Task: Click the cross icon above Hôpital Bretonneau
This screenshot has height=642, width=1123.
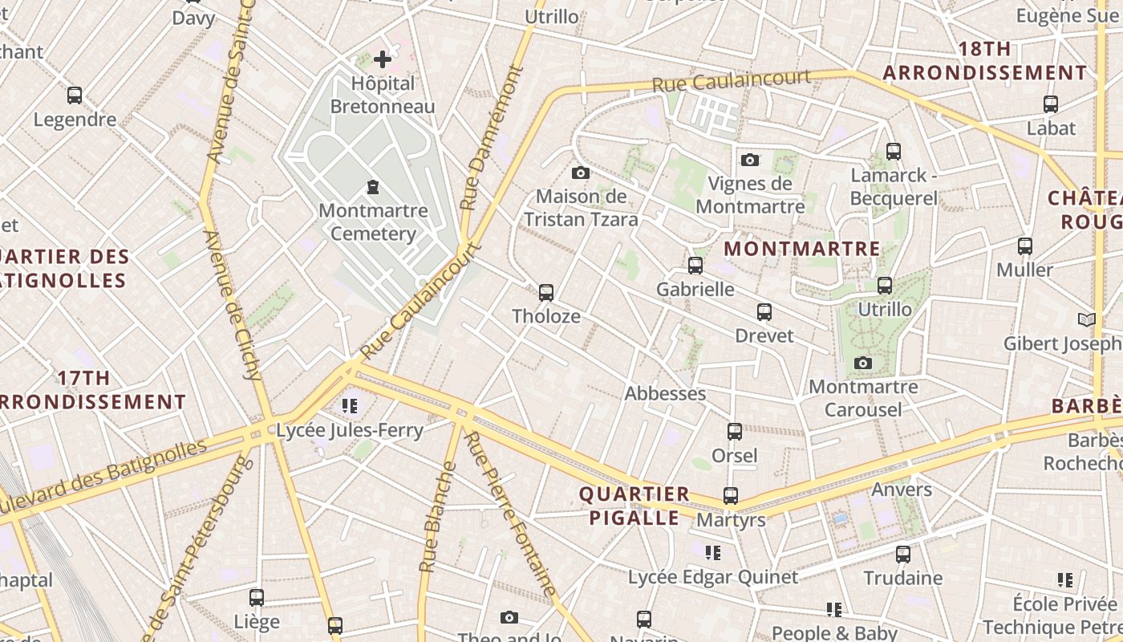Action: tap(383, 59)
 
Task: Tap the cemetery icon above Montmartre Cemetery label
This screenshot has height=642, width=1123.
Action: tap(373, 187)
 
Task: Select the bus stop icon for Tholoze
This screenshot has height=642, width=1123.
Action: tap(546, 292)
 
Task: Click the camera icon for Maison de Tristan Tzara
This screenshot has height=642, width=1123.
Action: tap(581, 173)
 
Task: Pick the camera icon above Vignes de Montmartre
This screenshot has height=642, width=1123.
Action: tap(750, 160)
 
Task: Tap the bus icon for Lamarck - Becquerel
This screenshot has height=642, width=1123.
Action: tap(893, 151)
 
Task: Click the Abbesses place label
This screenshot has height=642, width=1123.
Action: tap(665, 393)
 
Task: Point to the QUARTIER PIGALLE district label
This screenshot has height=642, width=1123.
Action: tap(634, 506)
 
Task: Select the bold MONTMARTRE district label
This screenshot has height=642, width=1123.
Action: tap(802, 249)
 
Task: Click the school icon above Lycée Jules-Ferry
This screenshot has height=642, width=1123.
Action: tap(349, 406)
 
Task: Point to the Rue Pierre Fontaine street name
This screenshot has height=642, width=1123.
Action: tap(511, 514)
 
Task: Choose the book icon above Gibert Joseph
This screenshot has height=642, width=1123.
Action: tap(1086, 320)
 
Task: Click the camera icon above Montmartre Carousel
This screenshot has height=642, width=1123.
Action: tap(863, 364)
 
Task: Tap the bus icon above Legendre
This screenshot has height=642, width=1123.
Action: tap(75, 95)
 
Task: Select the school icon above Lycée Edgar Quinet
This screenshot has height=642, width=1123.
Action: tap(712, 553)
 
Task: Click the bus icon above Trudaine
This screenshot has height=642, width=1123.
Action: tap(903, 554)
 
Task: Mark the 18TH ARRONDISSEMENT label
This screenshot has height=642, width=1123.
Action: tap(985, 61)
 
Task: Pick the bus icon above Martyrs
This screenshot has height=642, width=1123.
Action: tap(731, 496)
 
